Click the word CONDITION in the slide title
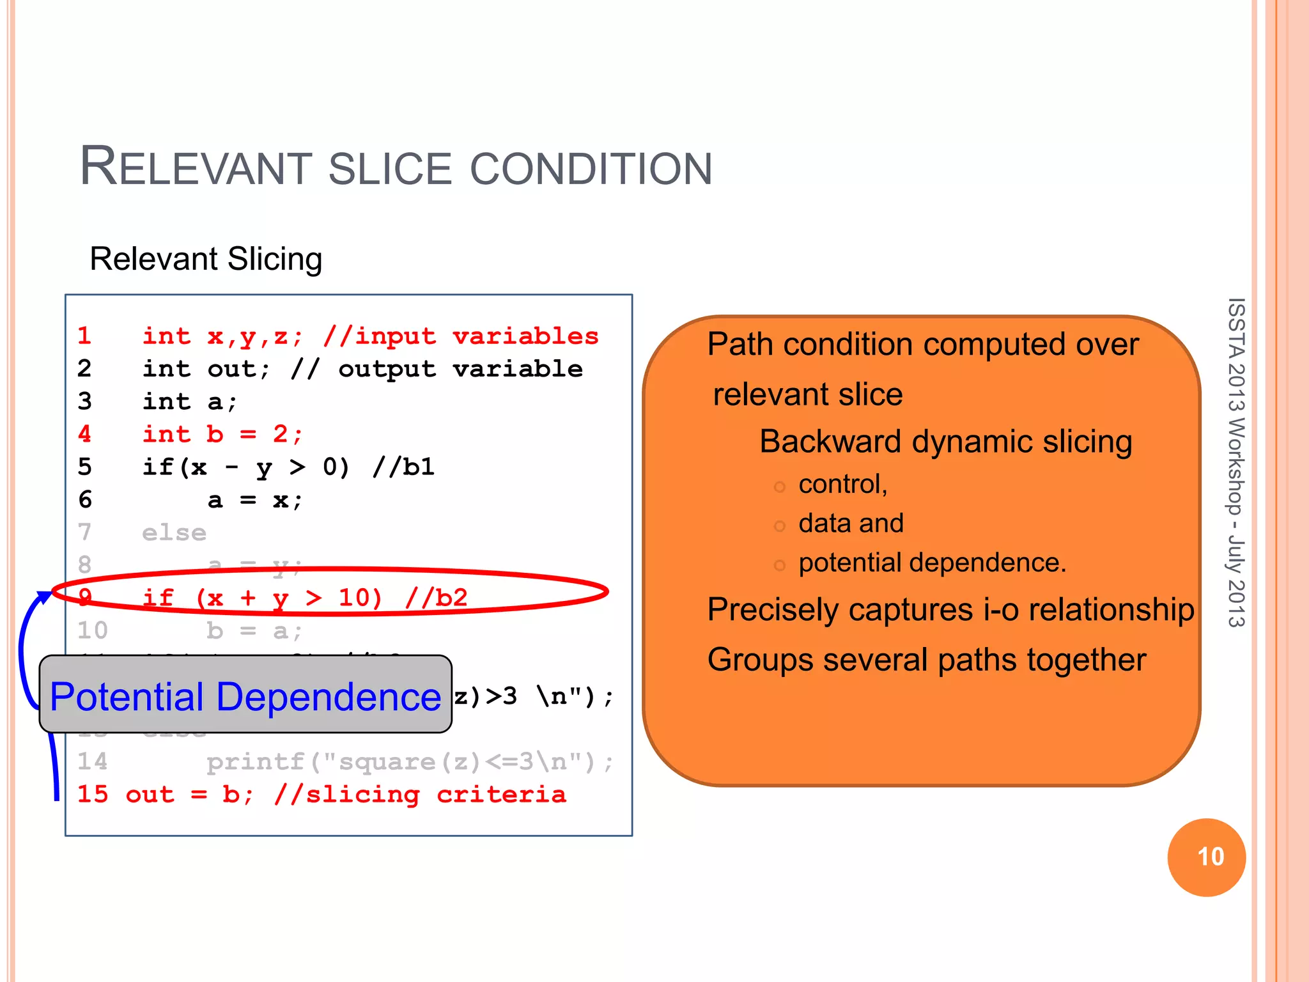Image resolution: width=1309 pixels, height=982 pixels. (591, 169)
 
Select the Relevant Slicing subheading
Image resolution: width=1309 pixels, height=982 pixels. (206, 259)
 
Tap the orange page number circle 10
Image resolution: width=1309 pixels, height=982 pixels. (1206, 857)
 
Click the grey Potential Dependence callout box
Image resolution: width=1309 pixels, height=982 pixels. (245, 696)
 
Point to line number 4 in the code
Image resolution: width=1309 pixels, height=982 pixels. (84, 434)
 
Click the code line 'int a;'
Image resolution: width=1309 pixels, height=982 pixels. (190, 401)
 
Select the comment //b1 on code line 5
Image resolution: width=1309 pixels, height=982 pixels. (403, 467)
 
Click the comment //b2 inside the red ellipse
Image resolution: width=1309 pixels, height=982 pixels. (436, 598)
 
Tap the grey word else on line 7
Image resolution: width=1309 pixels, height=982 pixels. (174, 533)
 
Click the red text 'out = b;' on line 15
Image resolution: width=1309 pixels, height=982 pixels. (190, 794)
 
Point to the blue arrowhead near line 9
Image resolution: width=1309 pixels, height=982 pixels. (45, 597)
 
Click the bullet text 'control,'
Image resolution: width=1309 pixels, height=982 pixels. (842, 484)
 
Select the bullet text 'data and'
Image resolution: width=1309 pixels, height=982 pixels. (851, 523)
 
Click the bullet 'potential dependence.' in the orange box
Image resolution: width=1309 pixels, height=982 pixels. (932, 563)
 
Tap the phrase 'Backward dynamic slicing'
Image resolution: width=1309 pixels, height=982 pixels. (945, 442)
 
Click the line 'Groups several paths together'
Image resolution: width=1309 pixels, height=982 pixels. (926, 660)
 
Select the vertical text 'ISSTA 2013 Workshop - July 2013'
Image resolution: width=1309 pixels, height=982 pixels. (1236, 462)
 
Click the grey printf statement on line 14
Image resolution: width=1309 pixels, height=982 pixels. (409, 761)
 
